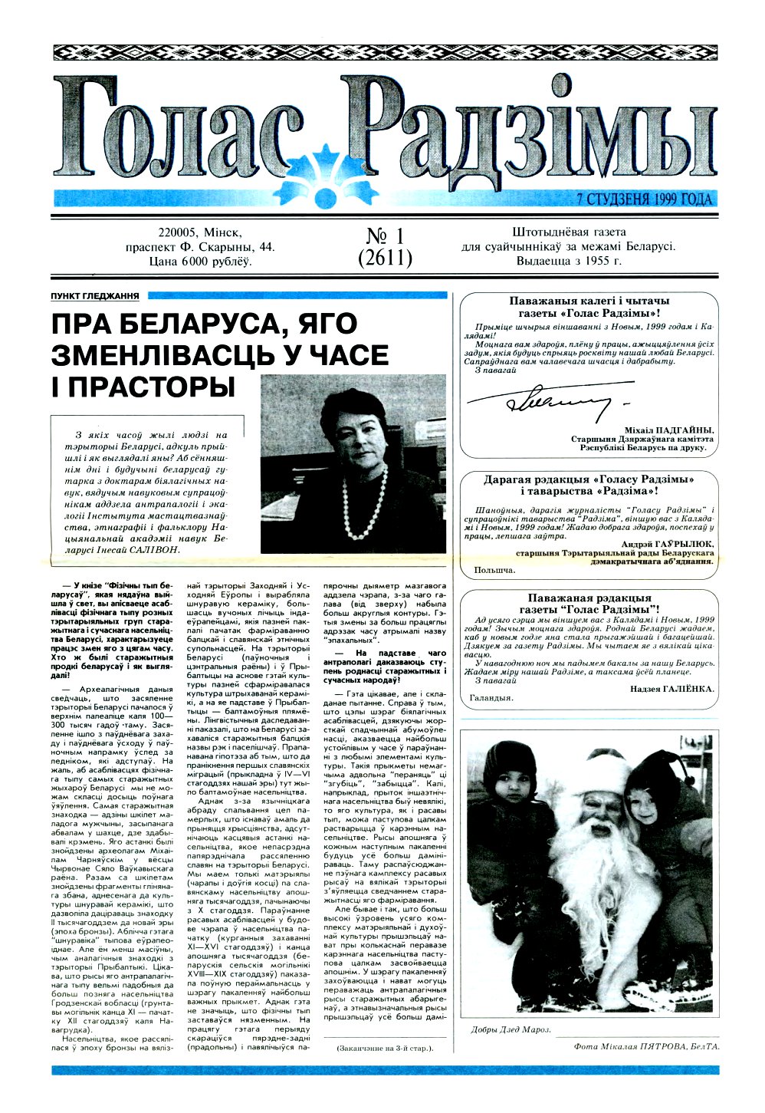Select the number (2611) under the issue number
385,258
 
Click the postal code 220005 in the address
179,232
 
